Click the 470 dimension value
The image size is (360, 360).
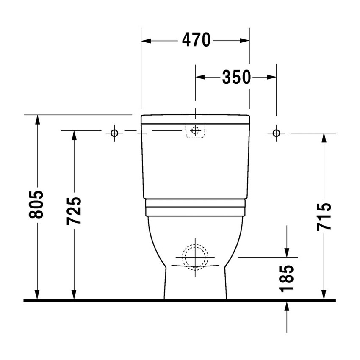196,40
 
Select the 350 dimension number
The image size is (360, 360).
236,77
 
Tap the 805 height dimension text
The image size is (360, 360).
36,205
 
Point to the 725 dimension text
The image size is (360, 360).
75,210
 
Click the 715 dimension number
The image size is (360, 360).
324,216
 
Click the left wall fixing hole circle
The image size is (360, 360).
114,133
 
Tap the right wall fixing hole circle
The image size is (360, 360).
276,133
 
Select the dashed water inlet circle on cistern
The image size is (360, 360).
195,130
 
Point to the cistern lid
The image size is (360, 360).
195,119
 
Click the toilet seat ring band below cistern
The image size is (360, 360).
195,208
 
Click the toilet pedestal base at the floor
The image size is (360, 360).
195,292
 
